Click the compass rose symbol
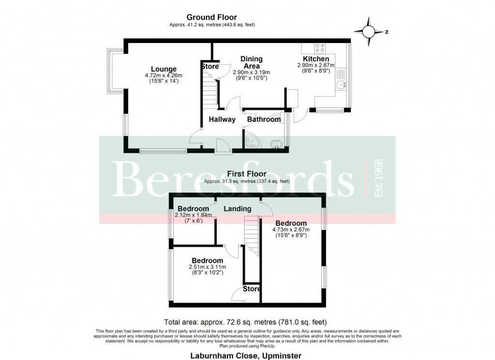click(369, 32)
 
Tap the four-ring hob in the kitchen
click(320, 48)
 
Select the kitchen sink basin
click(342, 85)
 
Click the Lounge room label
click(163, 69)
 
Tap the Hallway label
click(222, 120)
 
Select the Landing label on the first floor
click(237, 209)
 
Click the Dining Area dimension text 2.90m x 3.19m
click(251, 73)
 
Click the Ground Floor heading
click(212, 17)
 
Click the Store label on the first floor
click(252, 289)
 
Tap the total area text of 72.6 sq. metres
click(246, 322)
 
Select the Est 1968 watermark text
click(379, 178)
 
